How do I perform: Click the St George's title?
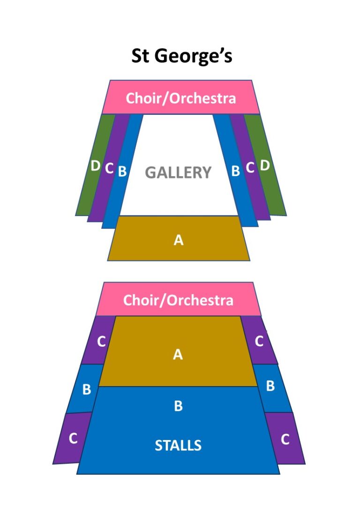[181, 56]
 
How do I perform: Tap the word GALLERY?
[178, 172]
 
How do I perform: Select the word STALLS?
[178, 445]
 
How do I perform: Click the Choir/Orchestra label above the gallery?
[180, 98]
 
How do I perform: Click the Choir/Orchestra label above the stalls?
[178, 300]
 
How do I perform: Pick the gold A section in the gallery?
[179, 238]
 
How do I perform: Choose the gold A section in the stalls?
[178, 351]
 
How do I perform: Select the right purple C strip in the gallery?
[250, 167]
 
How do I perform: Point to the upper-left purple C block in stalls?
[100, 340]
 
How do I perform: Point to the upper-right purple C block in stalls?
[259, 340]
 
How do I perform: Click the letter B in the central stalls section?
[178, 406]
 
